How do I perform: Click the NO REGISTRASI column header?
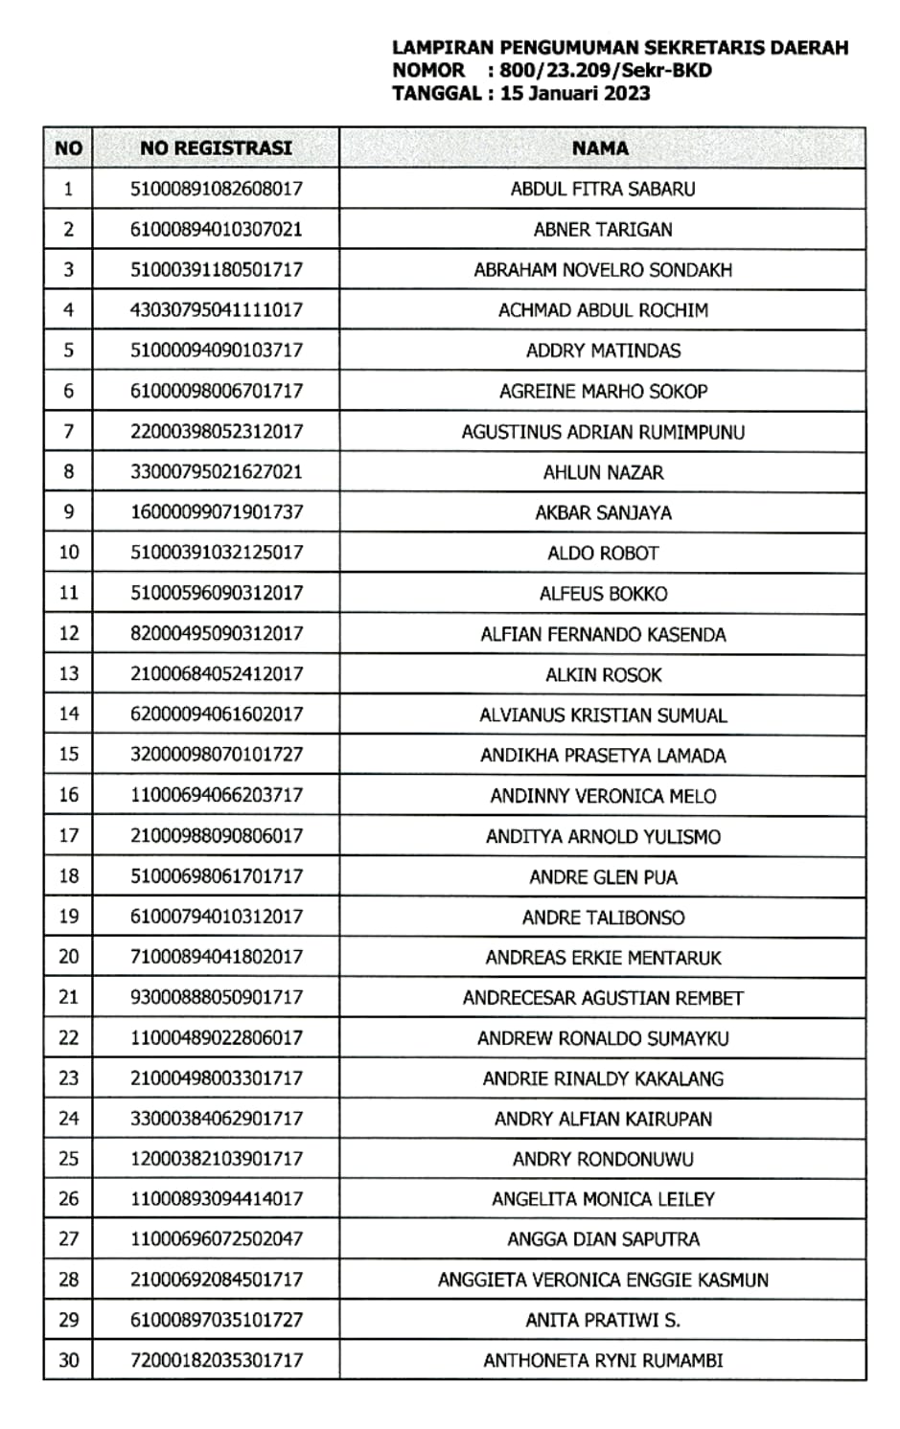coord(216,148)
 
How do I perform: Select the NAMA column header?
coord(601,148)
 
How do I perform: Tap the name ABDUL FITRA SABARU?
coord(603,189)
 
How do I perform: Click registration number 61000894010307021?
coord(217,229)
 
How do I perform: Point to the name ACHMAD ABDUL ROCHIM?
coord(603,310)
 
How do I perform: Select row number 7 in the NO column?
coord(68,431)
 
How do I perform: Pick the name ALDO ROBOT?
coord(603,553)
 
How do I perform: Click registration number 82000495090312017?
coord(217,633)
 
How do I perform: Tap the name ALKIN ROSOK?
coord(603,674)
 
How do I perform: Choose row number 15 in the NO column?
coord(68,754)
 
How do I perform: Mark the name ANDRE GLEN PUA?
coord(603,876)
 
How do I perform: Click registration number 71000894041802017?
coord(217,956)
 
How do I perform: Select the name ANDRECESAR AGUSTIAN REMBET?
coord(603,998)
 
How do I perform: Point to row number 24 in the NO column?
coord(68,1118)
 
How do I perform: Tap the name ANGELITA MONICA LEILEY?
coord(603,1199)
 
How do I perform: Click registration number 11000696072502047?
coord(217,1238)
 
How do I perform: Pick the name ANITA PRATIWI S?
coord(603,1320)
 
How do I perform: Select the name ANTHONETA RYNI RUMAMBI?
coord(603,1360)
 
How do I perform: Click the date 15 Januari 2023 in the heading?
coord(575,94)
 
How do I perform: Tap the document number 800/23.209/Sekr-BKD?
coord(606,70)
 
